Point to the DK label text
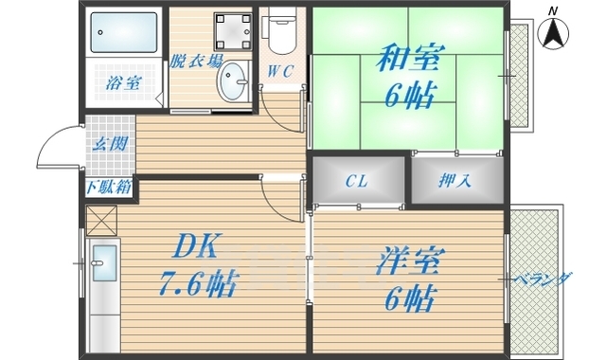pos(195,249)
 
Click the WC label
pos(279,70)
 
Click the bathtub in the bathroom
pos(125,35)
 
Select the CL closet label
pos(356,180)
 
